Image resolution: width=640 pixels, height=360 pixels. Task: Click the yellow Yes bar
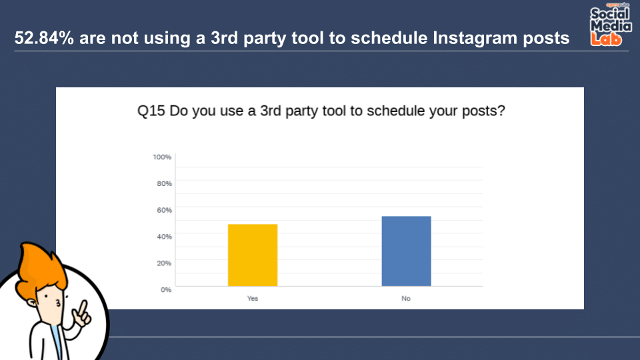(253, 255)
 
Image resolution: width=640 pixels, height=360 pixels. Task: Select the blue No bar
(406, 251)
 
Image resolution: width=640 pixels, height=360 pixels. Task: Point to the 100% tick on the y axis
(162, 157)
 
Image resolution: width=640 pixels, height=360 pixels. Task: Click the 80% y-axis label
(164, 184)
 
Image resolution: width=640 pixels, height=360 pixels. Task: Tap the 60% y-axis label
(164, 210)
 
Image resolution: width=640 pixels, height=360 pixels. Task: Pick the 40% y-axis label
(164, 237)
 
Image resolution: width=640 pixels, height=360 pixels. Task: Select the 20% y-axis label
(164, 263)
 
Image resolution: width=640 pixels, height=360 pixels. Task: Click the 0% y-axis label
(166, 290)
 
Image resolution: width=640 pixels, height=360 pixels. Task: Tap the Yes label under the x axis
(252, 299)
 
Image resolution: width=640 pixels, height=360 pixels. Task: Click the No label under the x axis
(406, 299)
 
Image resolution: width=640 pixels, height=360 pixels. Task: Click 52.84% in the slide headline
(44, 38)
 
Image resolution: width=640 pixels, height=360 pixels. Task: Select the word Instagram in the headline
(474, 39)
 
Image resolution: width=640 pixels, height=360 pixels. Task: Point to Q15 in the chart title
(151, 111)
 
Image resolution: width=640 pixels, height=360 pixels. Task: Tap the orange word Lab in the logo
(606, 39)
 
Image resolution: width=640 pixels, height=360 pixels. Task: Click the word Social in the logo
(610, 14)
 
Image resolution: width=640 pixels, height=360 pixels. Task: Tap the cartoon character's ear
(32, 303)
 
